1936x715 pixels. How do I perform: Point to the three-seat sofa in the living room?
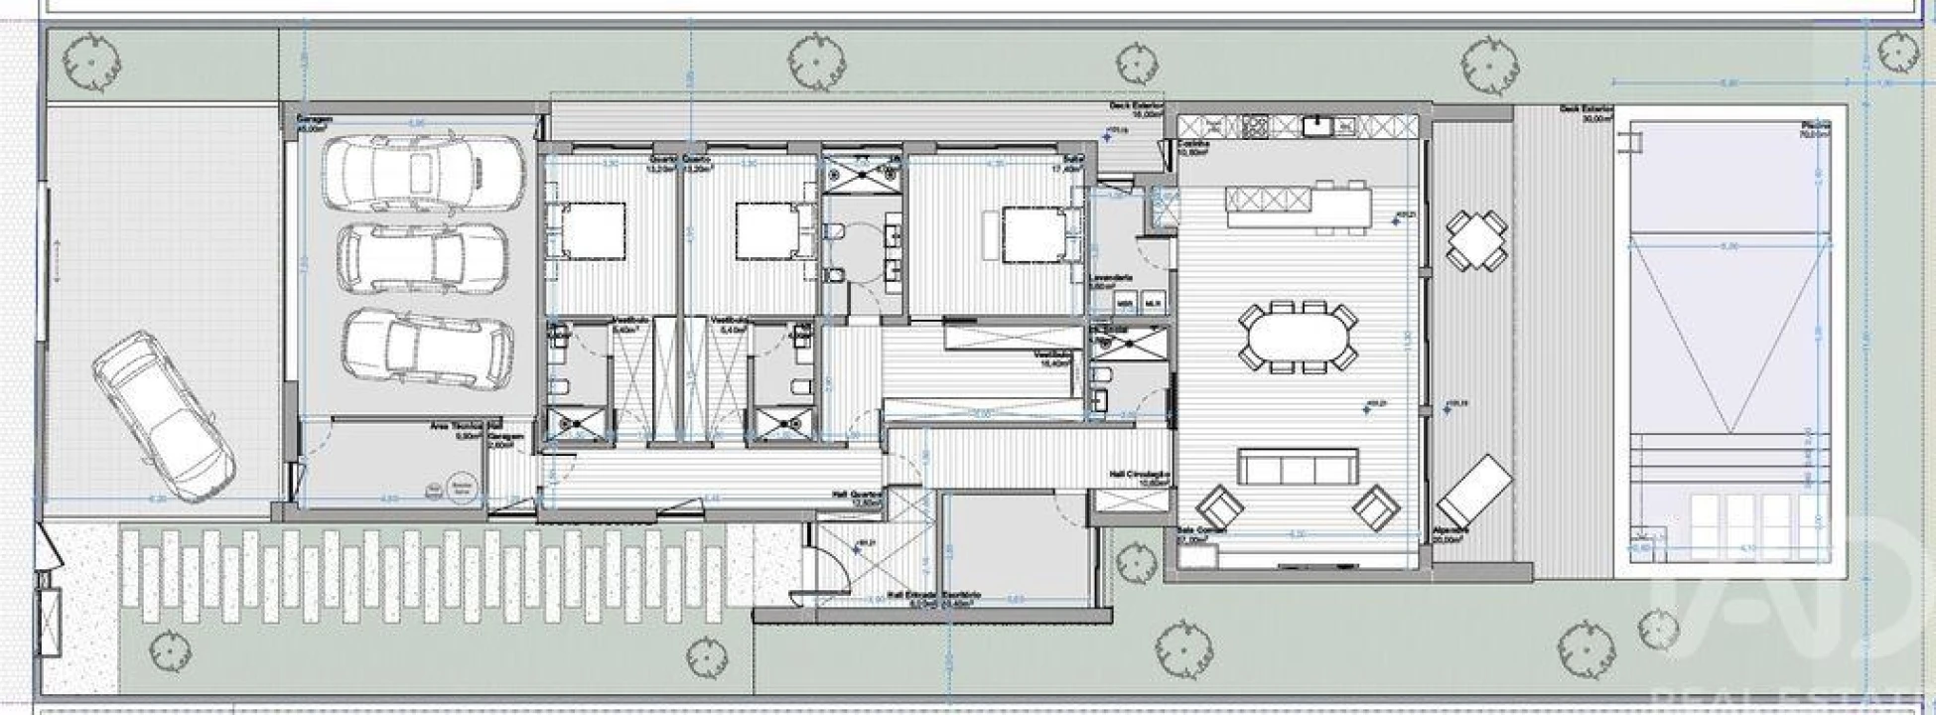1297,467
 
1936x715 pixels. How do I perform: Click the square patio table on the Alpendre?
1476,240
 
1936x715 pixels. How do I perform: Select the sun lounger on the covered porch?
1476,493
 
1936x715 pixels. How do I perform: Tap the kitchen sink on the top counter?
1319,125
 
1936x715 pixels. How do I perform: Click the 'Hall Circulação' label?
1140,476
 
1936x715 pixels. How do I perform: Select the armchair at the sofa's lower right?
1377,506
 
